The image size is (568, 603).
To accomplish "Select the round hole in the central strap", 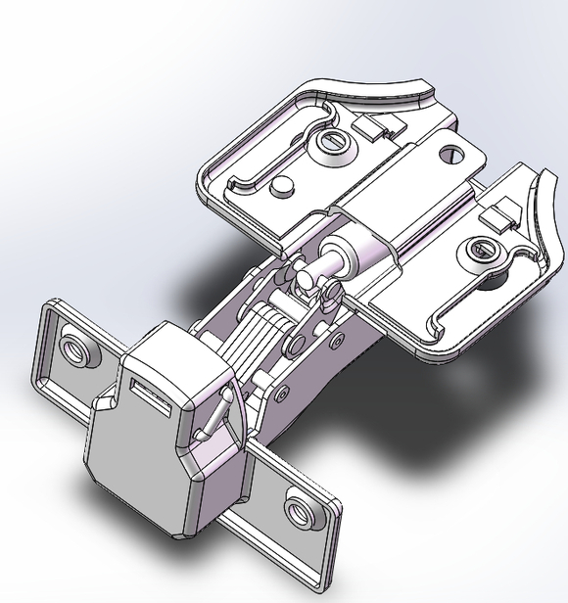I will coord(451,153).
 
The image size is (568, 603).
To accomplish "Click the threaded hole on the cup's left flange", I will coord(74,345).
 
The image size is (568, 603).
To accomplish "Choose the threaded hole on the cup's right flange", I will coord(296,508).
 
